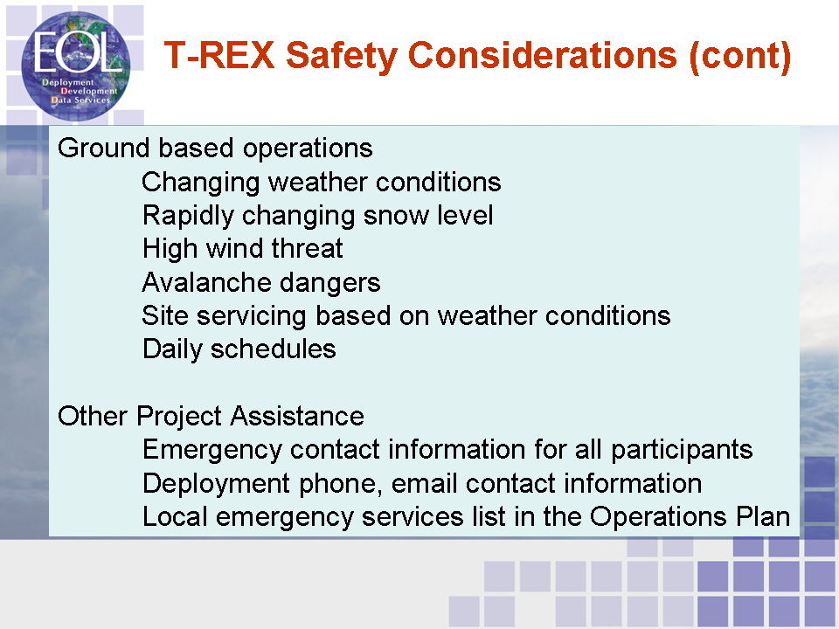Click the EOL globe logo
click(75, 66)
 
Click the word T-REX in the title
click(219, 55)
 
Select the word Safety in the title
click(342, 56)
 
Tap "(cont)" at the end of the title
click(740, 56)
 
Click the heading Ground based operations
click(215, 148)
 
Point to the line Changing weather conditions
click(322, 183)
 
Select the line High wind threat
click(242, 249)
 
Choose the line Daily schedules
click(239, 349)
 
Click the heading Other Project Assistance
click(211, 416)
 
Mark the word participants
click(682, 451)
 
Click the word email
click(425, 483)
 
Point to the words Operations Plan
click(690, 517)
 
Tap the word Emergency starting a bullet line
click(211, 451)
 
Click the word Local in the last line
click(175, 517)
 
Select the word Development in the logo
click(89, 91)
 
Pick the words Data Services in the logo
click(80, 100)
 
